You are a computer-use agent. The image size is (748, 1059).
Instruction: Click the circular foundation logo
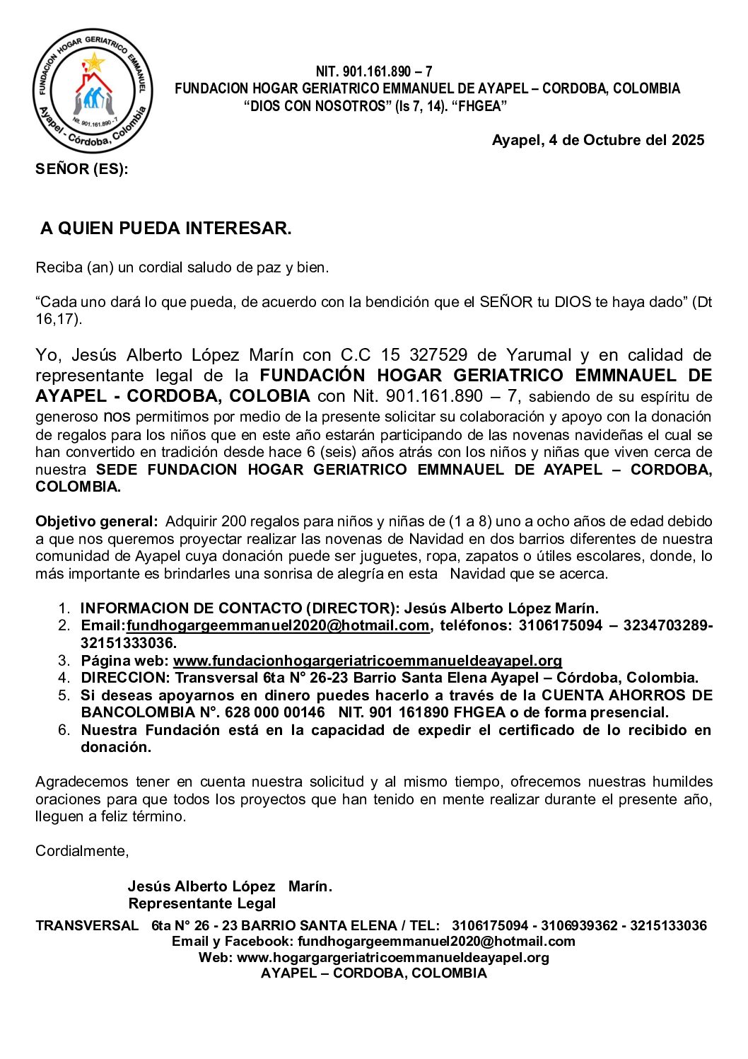92,91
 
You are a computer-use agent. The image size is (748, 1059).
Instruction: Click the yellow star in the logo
93,63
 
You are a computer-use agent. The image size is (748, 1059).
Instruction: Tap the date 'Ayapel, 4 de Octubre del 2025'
597,140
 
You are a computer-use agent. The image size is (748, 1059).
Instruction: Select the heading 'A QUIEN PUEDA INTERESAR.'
165,228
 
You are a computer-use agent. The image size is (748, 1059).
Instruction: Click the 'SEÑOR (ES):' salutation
82,169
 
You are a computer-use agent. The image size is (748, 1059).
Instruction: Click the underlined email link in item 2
278,625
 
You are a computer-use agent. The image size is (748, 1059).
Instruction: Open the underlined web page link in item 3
368,661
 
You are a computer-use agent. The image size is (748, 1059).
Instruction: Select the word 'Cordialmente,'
82,851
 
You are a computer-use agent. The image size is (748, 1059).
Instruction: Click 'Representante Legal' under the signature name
201,903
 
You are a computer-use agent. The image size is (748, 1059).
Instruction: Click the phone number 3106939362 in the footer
579,925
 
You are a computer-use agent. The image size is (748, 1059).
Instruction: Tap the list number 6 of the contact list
64,730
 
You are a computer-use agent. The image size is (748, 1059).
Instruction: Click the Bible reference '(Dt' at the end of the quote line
701,302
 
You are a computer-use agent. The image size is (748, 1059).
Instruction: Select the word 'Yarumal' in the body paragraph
539,355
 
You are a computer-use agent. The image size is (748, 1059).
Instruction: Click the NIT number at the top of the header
373,71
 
